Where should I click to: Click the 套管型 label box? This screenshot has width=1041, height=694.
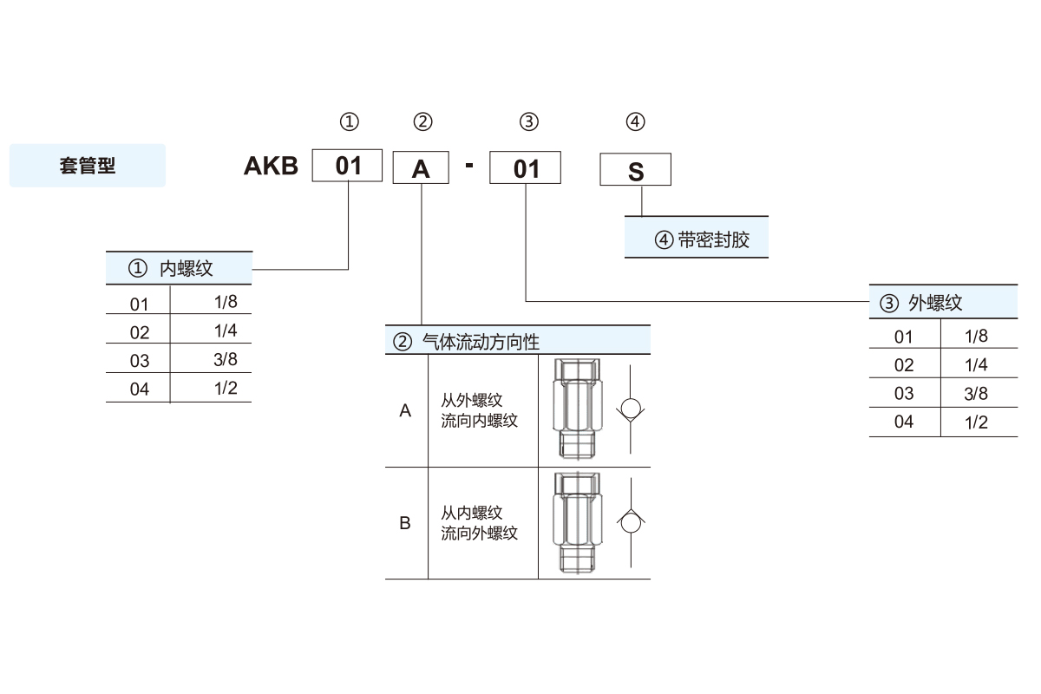point(87,166)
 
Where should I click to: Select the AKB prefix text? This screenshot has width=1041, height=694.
point(271,166)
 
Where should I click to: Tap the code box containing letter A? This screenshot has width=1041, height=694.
point(421,168)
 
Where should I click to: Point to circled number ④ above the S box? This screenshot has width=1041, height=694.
point(636,121)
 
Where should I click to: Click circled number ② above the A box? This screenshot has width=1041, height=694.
point(422,121)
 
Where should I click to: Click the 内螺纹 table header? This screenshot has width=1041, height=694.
point(179,268)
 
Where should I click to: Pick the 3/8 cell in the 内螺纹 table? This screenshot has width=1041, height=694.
point(225,359)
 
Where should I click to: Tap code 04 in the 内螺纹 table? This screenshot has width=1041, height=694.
point(140,389)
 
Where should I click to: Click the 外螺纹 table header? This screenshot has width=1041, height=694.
point(943,303)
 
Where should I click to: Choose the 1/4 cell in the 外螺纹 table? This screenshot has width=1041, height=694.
point(976,364)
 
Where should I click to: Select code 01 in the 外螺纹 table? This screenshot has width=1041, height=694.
point(904,337)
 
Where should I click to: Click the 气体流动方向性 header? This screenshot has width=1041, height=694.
point(517,341)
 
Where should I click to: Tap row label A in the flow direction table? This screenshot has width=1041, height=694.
point(405,411)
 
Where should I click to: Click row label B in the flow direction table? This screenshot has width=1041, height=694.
point(405,523)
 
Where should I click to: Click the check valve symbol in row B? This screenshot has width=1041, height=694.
point(631,523)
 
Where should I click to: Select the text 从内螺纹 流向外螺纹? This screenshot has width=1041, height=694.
point(479,523)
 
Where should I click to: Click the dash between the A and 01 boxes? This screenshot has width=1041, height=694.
point(469,165)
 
